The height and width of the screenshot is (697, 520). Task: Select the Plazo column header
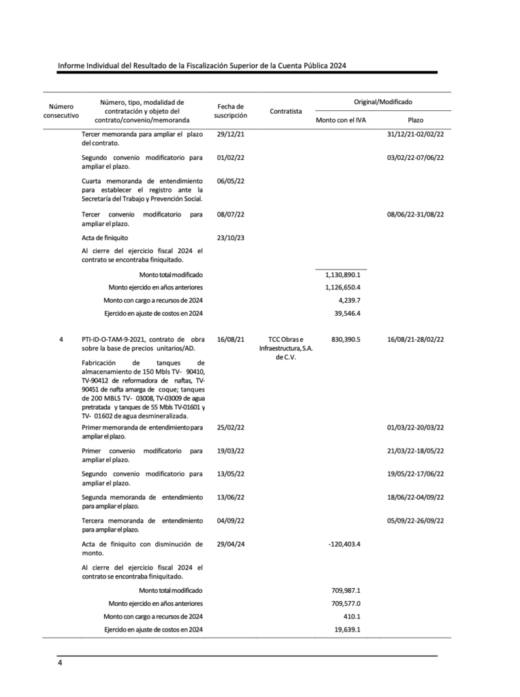pyautogui.click(x=415, y=120)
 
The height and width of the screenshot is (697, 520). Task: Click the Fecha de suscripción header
pyautogui.click(x=230, y=111)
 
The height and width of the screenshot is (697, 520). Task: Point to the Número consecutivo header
pyautogui.click(x=61, y=111)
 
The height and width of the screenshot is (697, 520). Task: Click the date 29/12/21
pyautogui.click(x=230, y=134)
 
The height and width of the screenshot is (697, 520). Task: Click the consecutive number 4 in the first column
pyautogui.click(x=61, y=339)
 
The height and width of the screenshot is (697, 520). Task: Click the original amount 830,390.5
pyautogui.click(x=344, y=339)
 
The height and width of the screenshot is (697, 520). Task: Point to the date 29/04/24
pyautogui.click(x=230, y=544)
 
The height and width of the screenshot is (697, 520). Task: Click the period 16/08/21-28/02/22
pyautogui.click(x=415, y=339)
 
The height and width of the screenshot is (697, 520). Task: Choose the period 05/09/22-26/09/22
pyautogui.click(x=415, y=521)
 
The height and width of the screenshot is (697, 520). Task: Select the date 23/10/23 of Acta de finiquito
pyautogui.click(x=230, y=238)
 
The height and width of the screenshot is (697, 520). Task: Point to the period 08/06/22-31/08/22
pyautogui.click(x=415, y=214)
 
